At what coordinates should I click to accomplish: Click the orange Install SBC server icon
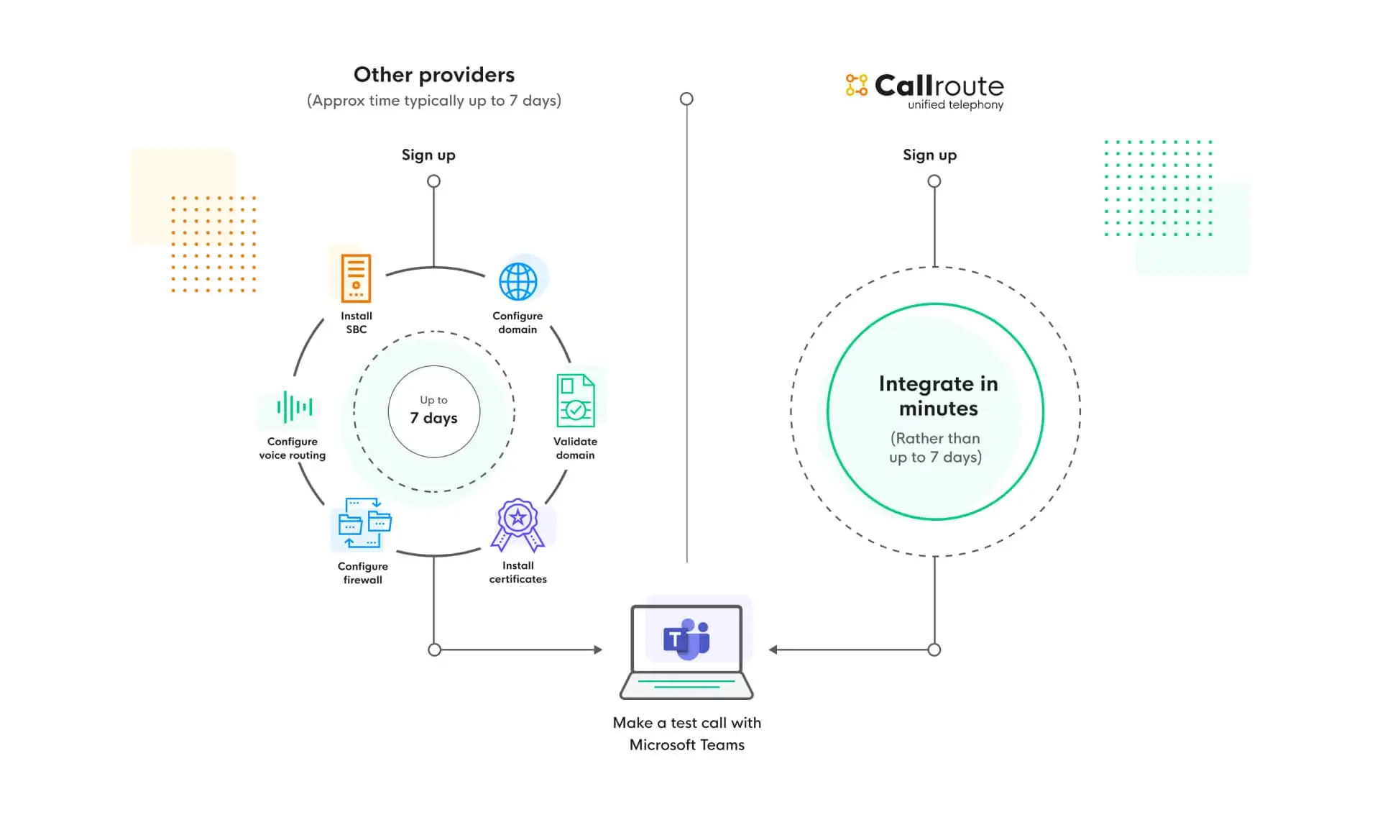pyautogui.click(x=356, y=278)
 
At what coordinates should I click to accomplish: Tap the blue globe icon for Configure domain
pyautogui.click(x=517, y=281)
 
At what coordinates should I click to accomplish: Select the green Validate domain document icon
pyautogui.click(x=575, y=401)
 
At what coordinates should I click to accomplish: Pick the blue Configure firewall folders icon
pyautogui.click(x=364, y=523)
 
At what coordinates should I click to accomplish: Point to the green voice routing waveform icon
pyautogui.click(x=295, y=407)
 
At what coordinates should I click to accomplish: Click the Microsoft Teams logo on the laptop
pyautogui.click(x=686, y=639)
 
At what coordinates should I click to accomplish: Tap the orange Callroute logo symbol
pyautogui.click(x=856, y=85)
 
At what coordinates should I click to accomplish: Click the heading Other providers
pyautogui.click(x=434, y=75)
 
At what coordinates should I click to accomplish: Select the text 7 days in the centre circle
pyautogui.click(x=433, y=418)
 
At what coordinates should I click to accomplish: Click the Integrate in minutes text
pyautogui.click(x=938, y=396)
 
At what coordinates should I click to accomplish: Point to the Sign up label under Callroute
pyautogui.click(x=929, y=155)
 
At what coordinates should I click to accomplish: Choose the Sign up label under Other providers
pyautogui.click(x=428, y=155)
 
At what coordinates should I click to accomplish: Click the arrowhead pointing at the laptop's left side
pyautogui.click(x=598, y=650)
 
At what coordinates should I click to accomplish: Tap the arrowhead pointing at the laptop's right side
pyautogui.click(x=773, y=650)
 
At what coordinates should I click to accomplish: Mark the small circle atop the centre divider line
pyautogui.click(x=686, y=99)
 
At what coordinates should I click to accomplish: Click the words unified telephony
pyautogui.click(x=955, y=105)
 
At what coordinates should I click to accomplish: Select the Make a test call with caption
pyautogui.click(x=686, y=723)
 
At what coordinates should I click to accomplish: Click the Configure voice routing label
pyautogui.click(x=292, y=448)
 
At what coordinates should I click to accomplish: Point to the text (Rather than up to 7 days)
pyautogui.click(x=935, y=447)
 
